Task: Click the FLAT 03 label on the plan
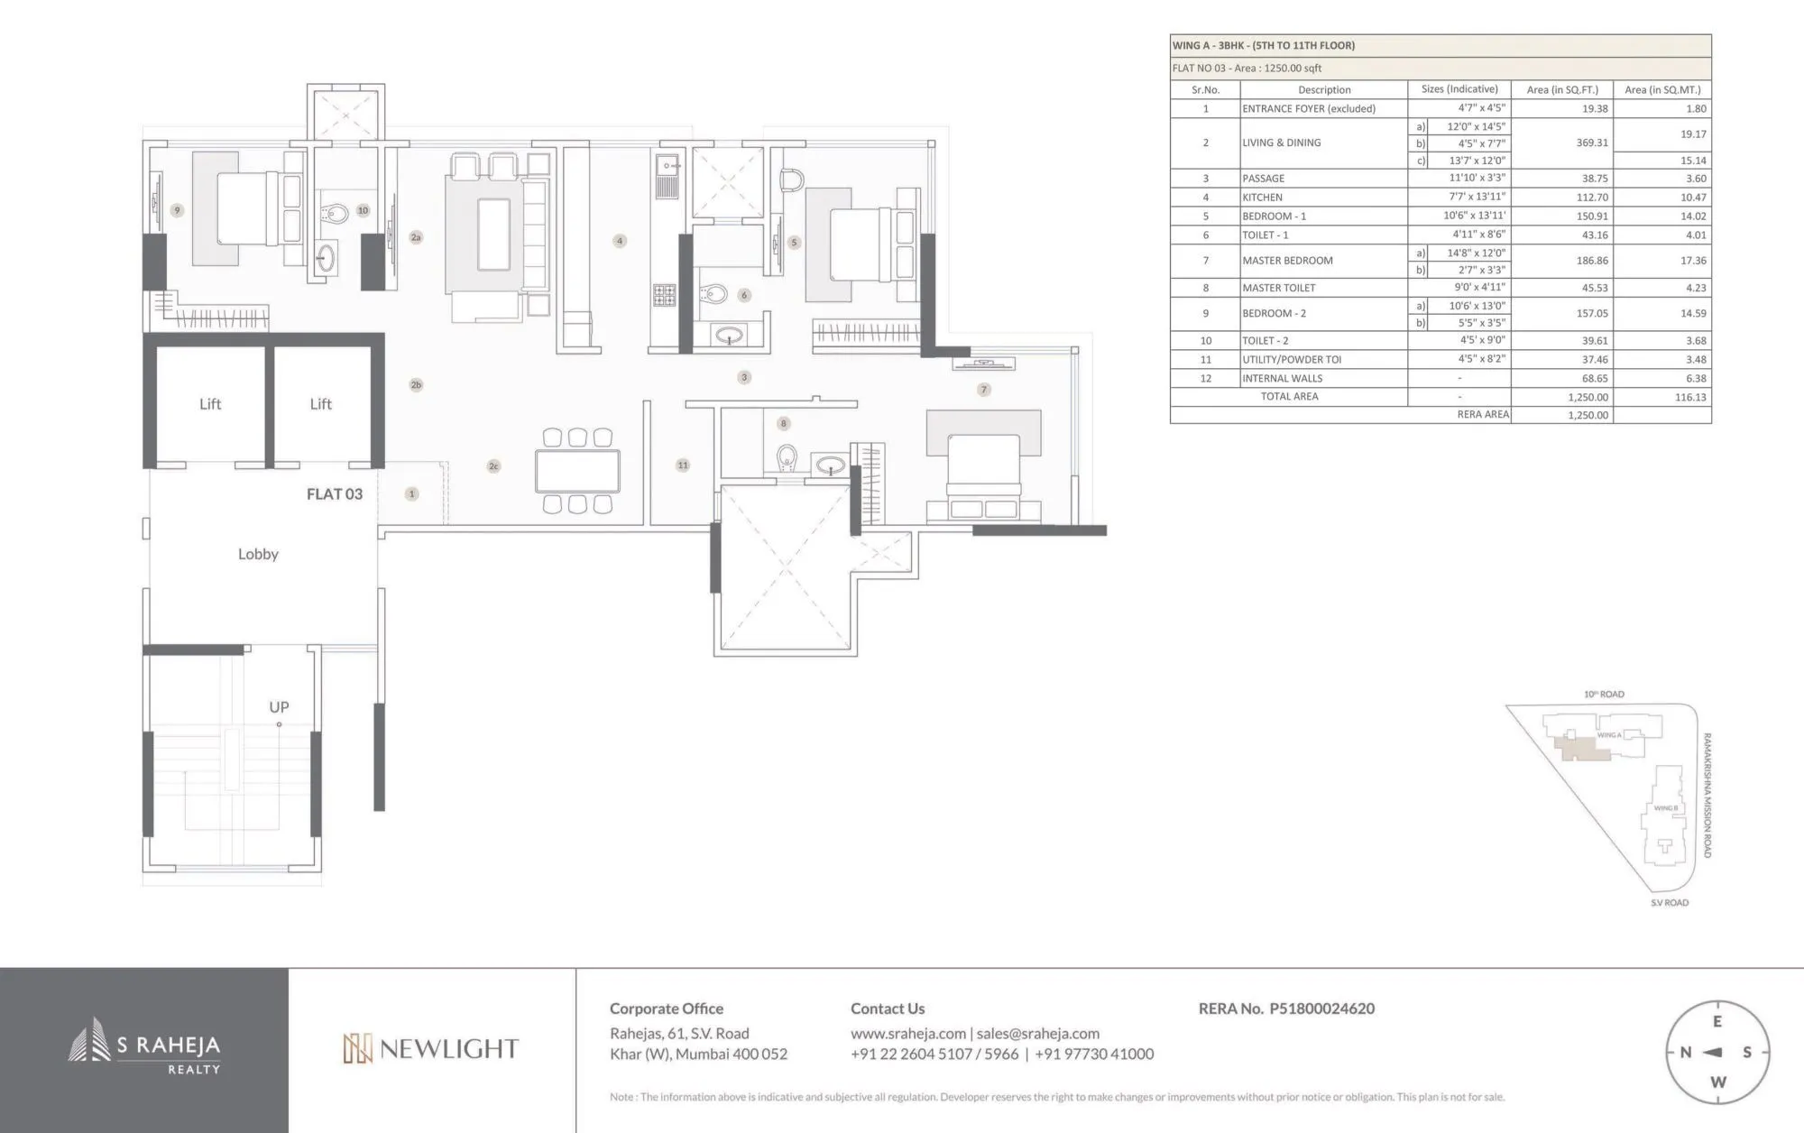tap(334, 493)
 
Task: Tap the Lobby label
tap(258, 554)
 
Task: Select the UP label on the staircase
tap(279, 707)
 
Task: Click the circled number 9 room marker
tap(177, 210)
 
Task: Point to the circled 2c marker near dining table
tap(493, 466)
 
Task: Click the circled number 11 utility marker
tap(683, 465)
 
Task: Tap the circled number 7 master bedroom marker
tap(984, 390)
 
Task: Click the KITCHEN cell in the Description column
tap(1262, 198)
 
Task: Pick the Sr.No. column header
tap(1205, 90)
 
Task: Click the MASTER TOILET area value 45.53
tap(1594, 288)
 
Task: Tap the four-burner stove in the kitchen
tap(665, 294)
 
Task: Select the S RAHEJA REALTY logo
tap(144, 1048)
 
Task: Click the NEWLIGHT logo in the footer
tap(430, 1048)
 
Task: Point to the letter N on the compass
tap(1685, 1053)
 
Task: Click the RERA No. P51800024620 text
tap(1286, 1009)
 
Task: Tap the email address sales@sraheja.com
tap(1037, 1034)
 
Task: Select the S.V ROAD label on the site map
tap(1669, 903)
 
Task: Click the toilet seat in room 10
tap(336, 214)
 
